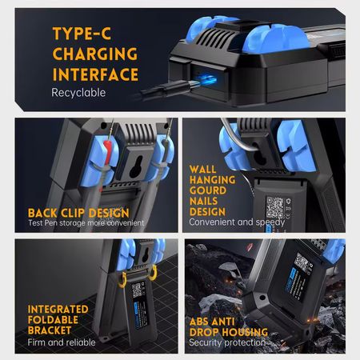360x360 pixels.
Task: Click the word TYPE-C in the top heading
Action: click(82, 34)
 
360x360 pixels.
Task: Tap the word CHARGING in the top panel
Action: click(95, 54)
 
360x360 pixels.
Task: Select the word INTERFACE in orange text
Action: click(95, 74)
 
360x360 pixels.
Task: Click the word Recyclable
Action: click(78, 93)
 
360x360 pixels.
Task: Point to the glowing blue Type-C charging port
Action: click(206, 79)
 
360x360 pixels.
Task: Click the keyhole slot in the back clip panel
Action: click(138, 167)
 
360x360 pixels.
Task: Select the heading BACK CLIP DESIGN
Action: click(78, 213)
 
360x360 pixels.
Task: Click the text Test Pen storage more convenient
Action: click(86, 222)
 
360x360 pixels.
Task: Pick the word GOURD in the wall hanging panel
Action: click(208, 190)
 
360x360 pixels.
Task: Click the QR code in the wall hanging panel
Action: click(275, 207)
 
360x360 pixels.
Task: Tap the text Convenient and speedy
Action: click(237, 222)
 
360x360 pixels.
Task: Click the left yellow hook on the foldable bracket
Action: click(122, 280)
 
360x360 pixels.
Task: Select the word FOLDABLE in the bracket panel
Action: click(53, 320)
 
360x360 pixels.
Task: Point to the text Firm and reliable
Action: click(62, 342)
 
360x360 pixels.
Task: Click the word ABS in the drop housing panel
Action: click(200, 322)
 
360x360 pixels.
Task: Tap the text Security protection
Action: click(227, 342)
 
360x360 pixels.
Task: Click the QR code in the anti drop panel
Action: click(302, 262)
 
